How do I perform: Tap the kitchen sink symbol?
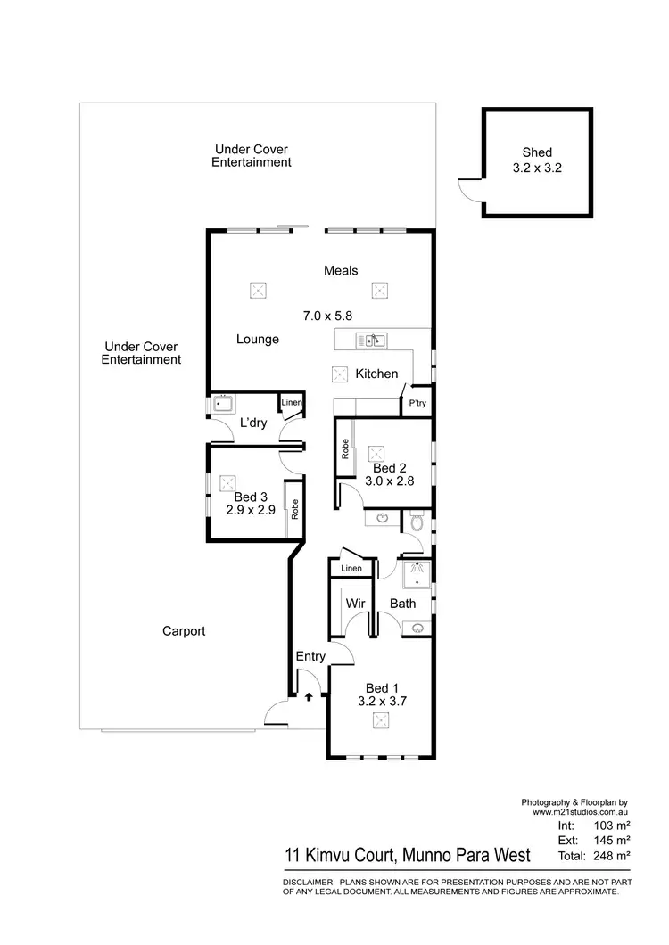[x=370, y=340]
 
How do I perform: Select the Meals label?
[x=341, y=270]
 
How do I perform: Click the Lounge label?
[x=258, y=340]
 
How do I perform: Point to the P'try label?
[x=417, y=404]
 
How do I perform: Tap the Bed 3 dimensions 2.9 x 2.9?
[x=251, y=511]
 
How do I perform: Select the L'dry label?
[x=253, y=423]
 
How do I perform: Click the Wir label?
[x=354, y=604]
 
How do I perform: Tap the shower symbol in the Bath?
[x=415, y=574]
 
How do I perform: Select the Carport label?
[x=184, y=631]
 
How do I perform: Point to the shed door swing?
[x=466, y=188]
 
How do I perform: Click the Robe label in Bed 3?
[x=293, y=509]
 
